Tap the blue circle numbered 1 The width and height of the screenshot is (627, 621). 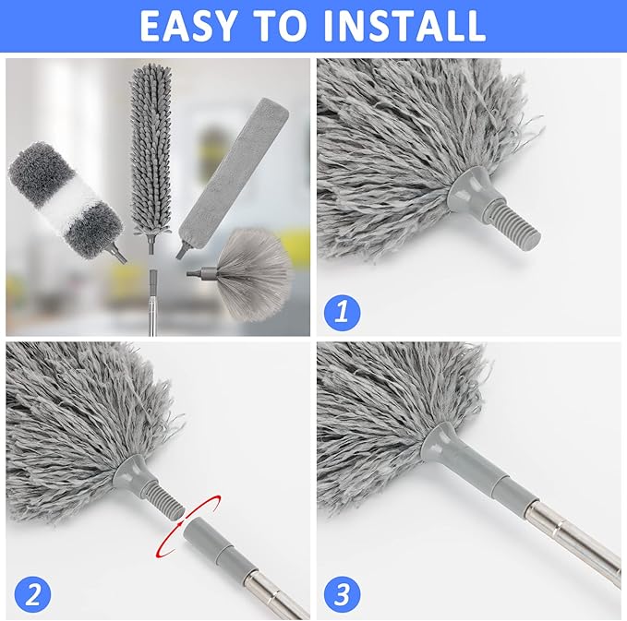tap(342, 311)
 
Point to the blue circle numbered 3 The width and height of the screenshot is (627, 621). tap(342, 594)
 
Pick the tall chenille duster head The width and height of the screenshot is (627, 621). tap(150, 148)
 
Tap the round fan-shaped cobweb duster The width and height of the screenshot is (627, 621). tap(254, 268)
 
